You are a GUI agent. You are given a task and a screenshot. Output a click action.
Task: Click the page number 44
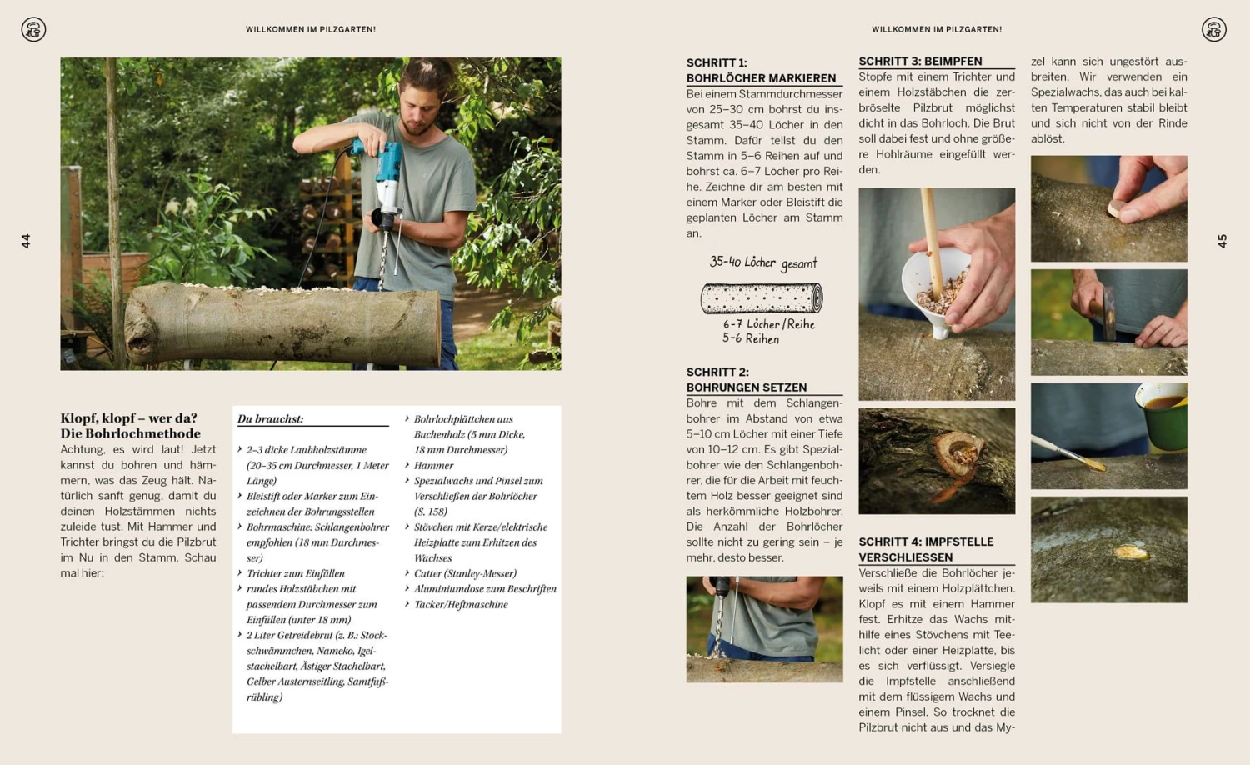pos(26,241)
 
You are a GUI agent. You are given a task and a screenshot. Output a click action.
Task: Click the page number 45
pos(1222,241)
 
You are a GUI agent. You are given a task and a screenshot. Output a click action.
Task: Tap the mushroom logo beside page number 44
pos(33,30)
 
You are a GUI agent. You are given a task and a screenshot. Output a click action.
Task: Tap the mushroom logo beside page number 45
pos(1213,30)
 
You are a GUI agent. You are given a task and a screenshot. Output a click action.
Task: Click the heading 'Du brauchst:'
pos(270,418)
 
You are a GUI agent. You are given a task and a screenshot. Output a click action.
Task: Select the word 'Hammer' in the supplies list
pos(433,465)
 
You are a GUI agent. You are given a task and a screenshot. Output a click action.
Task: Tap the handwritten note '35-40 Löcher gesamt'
pos(762,262)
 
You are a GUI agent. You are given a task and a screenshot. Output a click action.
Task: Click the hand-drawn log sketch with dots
pos(762,297)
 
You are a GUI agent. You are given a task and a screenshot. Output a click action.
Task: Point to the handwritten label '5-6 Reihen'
pos(750,338)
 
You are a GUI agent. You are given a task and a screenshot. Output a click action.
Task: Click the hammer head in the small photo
pos(1109,312)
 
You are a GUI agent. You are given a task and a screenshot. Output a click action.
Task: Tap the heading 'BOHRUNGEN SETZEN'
pos(746,387)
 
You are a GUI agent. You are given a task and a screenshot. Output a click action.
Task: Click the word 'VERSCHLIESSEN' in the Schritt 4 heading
pos(905,557)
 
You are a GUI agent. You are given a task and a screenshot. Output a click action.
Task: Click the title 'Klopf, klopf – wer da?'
pos(128,417)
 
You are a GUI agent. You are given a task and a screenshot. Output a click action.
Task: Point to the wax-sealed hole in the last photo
pos(1130,552)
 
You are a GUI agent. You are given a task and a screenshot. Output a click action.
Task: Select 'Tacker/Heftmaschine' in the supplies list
pos(461,604)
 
